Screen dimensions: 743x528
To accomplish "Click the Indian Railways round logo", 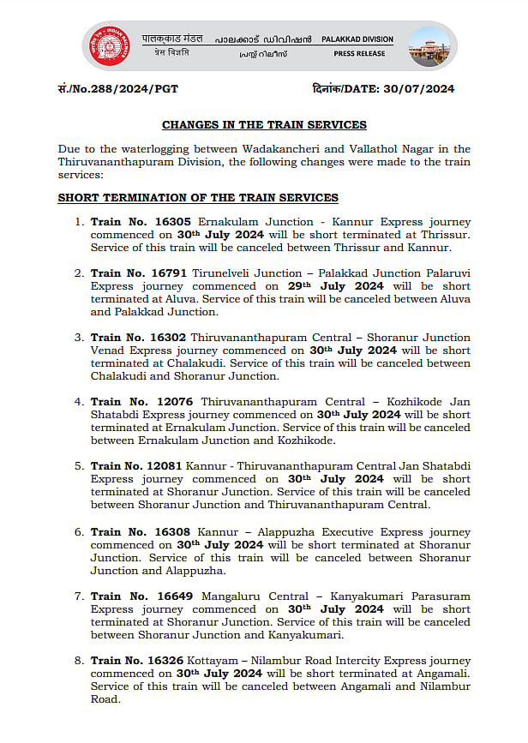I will (107, 45).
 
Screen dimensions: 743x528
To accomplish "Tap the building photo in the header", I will (428, 46).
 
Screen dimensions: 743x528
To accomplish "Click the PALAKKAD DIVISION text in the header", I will (357, 39).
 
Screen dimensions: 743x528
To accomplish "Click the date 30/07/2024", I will (420, 89).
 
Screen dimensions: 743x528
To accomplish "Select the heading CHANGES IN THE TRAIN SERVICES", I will (264, 125).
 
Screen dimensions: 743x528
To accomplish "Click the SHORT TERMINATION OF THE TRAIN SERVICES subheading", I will (198, 198).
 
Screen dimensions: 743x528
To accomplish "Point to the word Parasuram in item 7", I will (438, 596).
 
